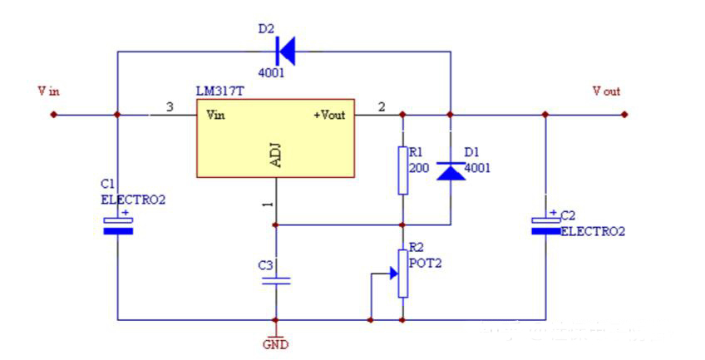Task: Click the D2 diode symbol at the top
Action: (x=285, y=52)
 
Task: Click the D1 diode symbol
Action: (x=450, y=170)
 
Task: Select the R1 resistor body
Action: (x=402, y=170)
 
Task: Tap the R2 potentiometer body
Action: (x=402, y=273)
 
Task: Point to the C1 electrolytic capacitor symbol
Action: (x=117, y=225)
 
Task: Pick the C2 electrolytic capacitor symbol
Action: (x=545, y=224)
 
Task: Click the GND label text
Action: (x=275, y=343)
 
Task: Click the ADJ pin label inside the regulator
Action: (x=276, y=155)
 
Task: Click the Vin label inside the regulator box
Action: (x=215, y=115)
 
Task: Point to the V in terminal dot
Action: (x=54, y=115)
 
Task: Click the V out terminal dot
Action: (x=624, y=115)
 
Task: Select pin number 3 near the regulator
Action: (x=170, y=107)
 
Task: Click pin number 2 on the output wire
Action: (x=382, y=107)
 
